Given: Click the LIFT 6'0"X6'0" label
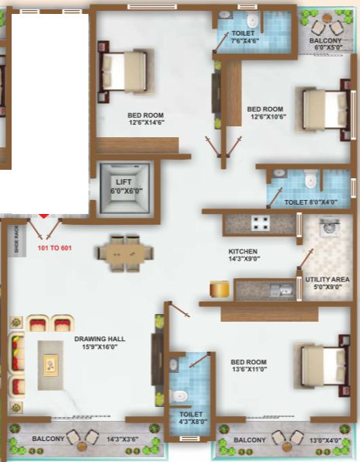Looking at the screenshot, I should pyautogui.click(x=123, y=186).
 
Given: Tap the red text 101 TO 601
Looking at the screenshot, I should pyautogui.click(x=54, y=249).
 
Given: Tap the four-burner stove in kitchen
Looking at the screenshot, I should pyautogui.click(x=259, y=225).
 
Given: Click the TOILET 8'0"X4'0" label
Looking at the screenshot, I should pyautogui.click(x=310, y=202).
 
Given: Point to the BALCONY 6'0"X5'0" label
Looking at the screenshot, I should pyautogui.click(x=326, y=43).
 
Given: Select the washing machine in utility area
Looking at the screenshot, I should pyautogui.click(x=329, y=227).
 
